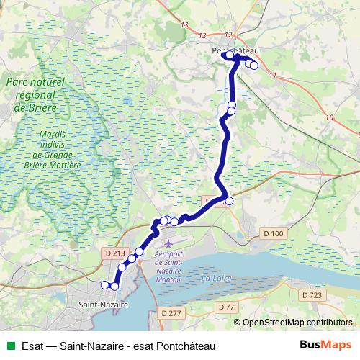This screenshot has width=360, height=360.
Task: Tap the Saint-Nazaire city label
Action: pos(103,305)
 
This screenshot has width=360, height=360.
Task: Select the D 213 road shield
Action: pos(115,253)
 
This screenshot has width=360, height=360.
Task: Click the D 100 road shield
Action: pos(274,233)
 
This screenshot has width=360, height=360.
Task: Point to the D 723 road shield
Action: pos(312,295)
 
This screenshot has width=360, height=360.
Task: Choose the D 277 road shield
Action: pos(172,313)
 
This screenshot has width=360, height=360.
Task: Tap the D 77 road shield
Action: pos(226,307)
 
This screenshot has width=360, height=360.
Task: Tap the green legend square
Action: pos(9,346)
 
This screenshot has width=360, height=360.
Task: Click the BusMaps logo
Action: pos(325,346)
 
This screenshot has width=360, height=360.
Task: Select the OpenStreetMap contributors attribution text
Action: pos(297,322)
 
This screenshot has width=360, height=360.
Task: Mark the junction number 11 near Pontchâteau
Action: pos(272,75)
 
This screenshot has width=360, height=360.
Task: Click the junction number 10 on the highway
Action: pos(329,117)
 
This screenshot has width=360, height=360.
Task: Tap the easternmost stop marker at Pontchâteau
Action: pos(253,66)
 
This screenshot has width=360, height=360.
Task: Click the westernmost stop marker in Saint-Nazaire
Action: pos(105,285)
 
